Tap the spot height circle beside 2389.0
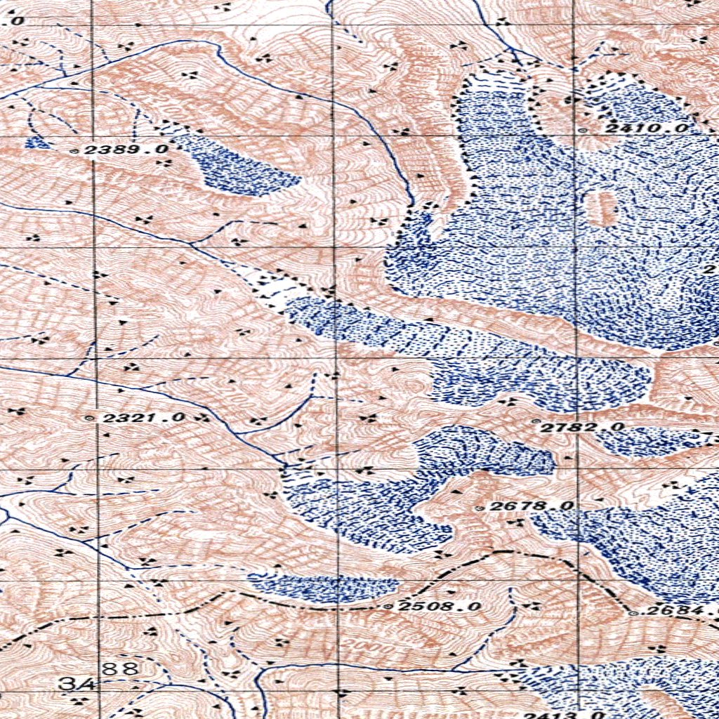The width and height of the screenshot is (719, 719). point(76,150)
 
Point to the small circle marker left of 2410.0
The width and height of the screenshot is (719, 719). point(581,129)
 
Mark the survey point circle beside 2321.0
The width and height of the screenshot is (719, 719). point(88,418)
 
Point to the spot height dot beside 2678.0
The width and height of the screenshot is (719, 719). point(480,507)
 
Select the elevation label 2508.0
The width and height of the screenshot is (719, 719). point(440,606)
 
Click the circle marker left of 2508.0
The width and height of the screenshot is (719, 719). point(389,606)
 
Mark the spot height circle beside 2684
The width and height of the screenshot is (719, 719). point(634,613)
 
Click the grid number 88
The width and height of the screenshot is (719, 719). point(121,668)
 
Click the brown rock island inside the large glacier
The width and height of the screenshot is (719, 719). point(602,207)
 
